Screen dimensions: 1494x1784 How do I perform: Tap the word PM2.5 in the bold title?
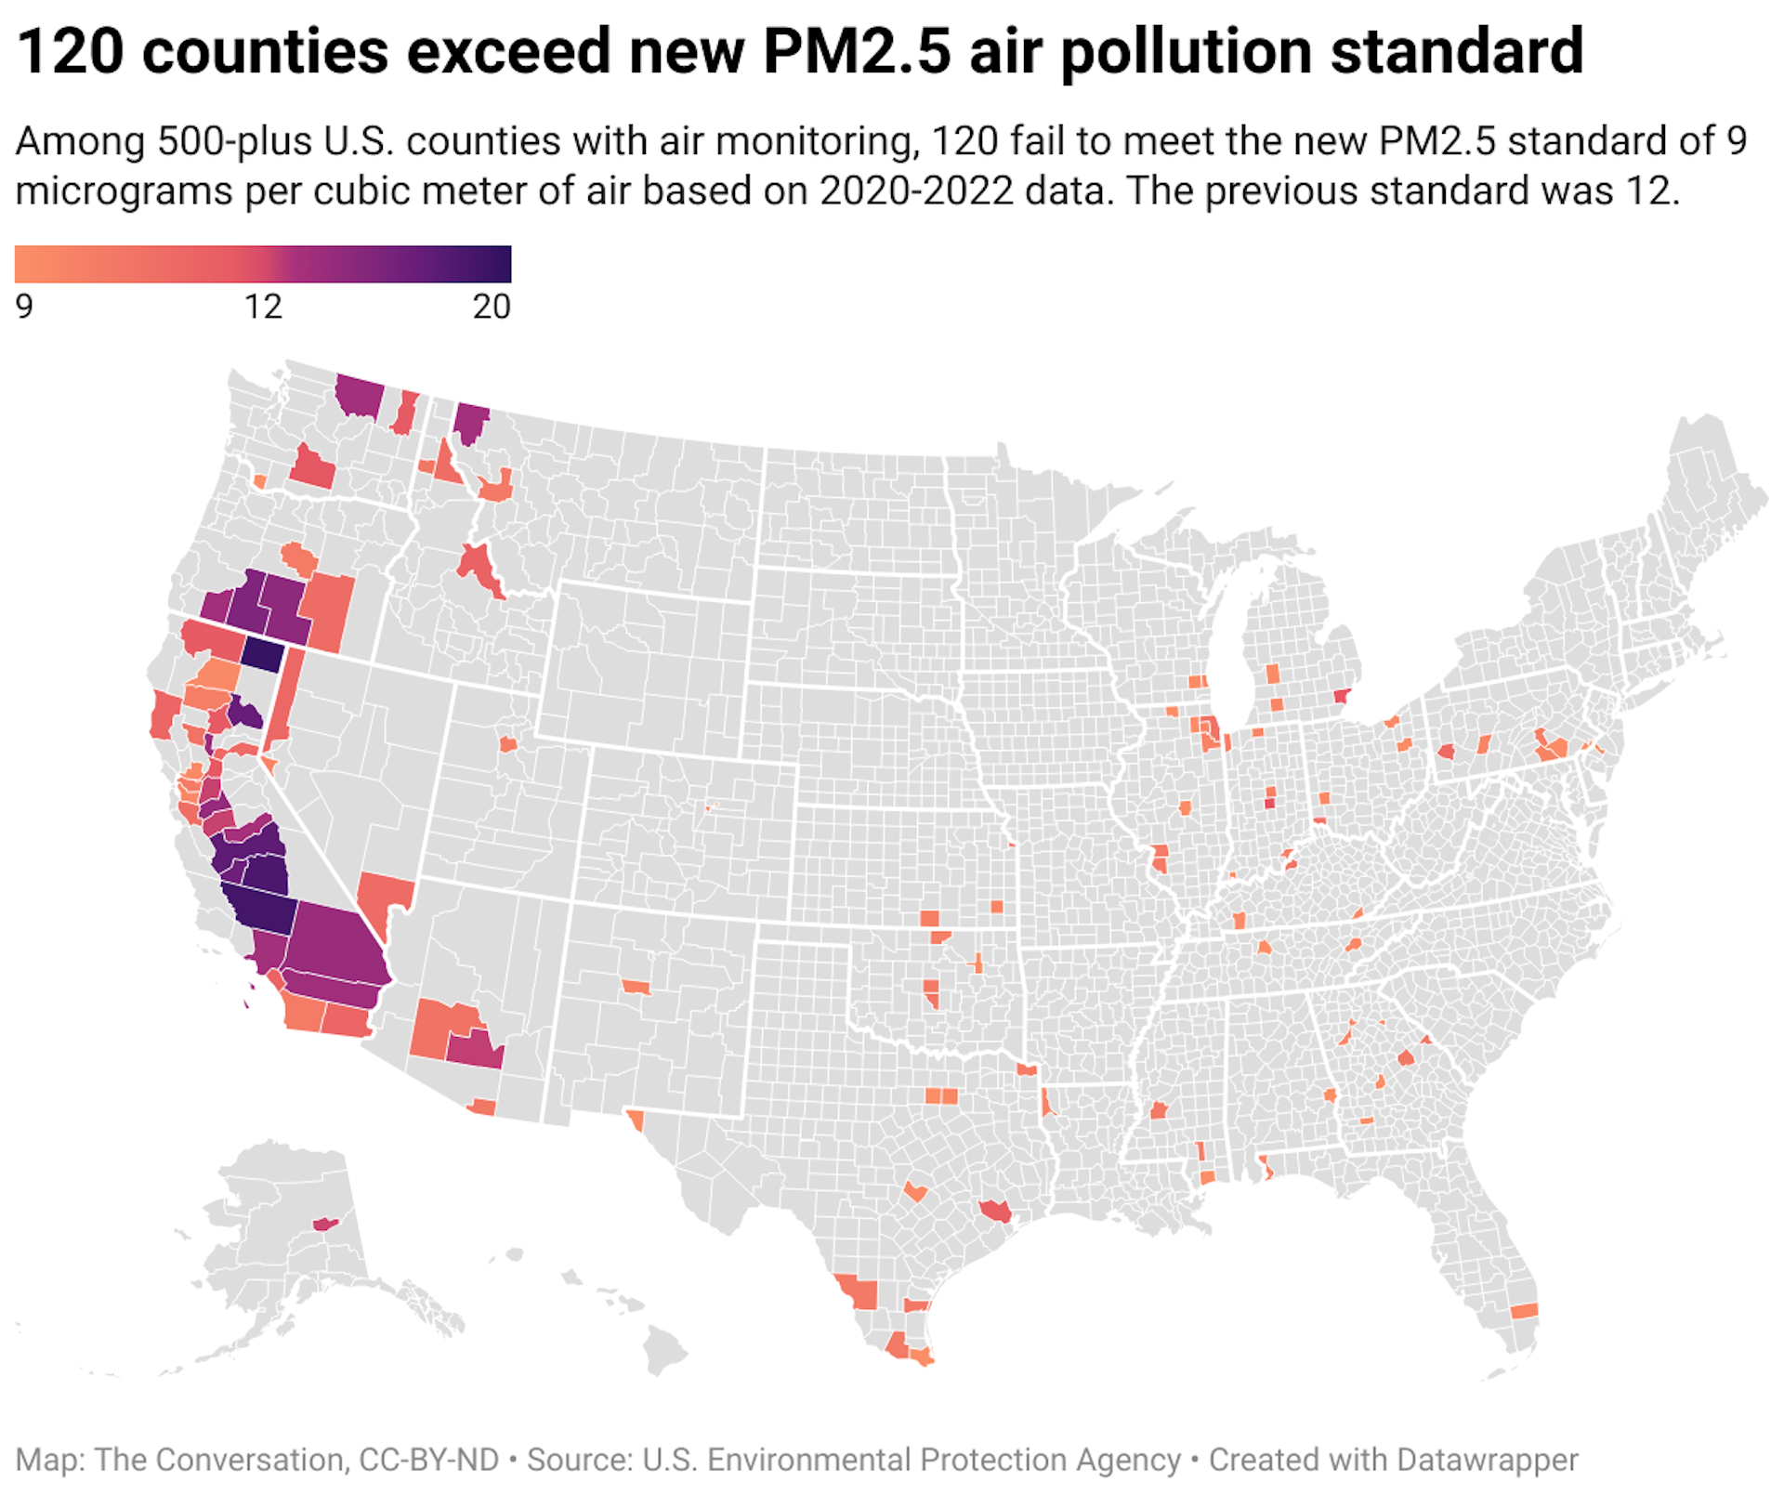coord(856,51)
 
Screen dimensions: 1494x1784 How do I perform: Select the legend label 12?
coord(263,307)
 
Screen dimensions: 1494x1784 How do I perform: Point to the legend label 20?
coord(492,307)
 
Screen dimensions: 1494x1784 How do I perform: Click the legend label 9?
coord(24,307)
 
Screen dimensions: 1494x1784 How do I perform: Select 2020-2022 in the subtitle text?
coord(915,191)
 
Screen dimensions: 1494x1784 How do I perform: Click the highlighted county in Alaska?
coord(325,1224)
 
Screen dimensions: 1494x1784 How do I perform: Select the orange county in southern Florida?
coord(1524,1311)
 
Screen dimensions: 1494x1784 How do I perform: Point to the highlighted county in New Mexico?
coord(636,986)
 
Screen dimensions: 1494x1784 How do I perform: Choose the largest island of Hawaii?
coord(664,1348)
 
